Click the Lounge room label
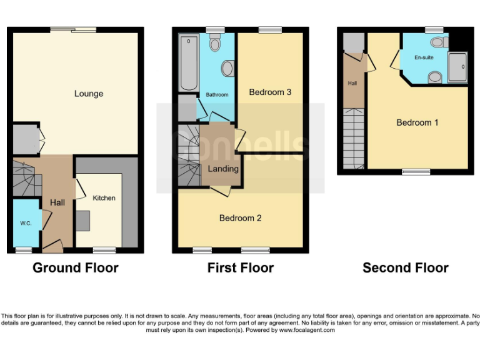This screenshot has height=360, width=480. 89,94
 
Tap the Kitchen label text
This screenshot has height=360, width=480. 104,198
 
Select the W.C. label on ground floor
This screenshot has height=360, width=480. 26,223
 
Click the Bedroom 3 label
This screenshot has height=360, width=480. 270,92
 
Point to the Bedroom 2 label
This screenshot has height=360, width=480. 240,218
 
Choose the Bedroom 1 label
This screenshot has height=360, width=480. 417,122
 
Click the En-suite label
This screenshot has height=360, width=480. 424,57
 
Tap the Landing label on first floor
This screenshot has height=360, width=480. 223,169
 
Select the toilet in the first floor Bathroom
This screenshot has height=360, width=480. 216,42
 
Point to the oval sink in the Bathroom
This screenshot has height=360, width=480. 227,68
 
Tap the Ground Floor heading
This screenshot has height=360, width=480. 75,268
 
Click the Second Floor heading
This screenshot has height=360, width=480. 405,268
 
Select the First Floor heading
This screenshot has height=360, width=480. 241,268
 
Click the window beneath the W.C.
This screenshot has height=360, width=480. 24,251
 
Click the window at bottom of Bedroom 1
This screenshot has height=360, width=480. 416,171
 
